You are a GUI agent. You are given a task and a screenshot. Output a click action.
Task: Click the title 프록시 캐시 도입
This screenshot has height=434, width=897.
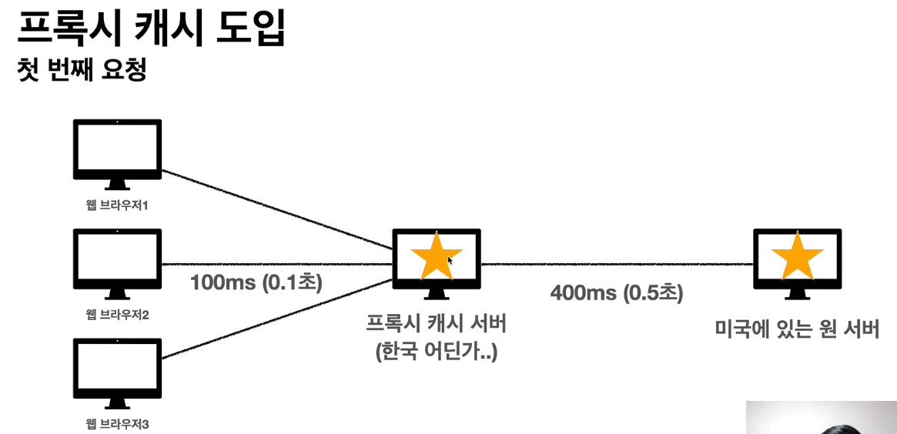coord(151,31)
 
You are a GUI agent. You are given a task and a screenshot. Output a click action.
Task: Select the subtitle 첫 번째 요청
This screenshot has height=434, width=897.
coord(82,71)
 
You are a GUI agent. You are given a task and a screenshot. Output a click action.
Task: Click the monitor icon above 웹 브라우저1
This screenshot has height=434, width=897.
coord(117,149)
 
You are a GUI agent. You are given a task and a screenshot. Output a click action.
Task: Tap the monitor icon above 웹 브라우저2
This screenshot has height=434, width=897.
coord(117,259)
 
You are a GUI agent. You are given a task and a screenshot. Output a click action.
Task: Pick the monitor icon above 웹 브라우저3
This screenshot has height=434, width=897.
coord(117,368)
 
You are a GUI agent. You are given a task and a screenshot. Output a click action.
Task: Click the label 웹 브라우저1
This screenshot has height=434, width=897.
coord(117,205)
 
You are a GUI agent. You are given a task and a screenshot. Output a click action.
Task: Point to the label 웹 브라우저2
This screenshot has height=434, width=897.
coord(117,315)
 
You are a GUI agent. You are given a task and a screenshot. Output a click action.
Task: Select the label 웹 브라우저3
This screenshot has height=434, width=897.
coord(117,423)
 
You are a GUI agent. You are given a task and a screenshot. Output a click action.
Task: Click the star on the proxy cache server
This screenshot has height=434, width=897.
coord(436,256)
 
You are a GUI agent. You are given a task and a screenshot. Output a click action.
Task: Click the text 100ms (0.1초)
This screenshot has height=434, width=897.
coord(256,282)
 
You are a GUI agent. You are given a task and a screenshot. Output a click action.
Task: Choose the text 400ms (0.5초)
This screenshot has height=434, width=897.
coord(616,292)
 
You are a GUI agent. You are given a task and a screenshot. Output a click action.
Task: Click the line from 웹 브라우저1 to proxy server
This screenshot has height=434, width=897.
coord(277,209)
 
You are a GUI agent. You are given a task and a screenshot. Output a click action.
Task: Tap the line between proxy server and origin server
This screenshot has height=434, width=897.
coord(616,264)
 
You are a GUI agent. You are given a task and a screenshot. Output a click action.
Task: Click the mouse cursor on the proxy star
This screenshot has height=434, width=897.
coord(450,261)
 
